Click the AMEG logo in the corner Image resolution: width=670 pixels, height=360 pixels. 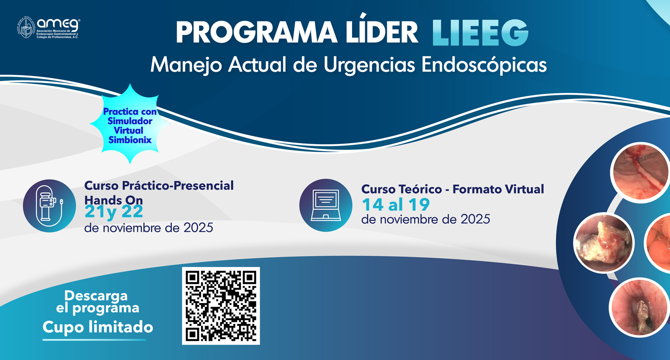(48, 28)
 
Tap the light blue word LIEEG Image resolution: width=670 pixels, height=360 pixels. (480, 33)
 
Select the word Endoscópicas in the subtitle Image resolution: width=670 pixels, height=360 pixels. (484, 65)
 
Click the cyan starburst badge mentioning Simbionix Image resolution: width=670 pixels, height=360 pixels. (130, 124)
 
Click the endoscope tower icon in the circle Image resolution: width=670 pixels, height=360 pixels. (49, 206)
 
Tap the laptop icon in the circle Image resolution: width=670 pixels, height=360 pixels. (326, 205)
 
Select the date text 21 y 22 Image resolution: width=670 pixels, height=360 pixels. (114, 212)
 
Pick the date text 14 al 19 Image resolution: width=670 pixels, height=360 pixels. (396, 205)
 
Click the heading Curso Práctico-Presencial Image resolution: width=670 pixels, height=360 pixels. (159, 185)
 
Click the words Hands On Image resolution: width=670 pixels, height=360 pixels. (113, 200)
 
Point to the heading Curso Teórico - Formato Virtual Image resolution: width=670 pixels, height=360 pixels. (453, 189)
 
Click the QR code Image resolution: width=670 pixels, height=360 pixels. (221, 306)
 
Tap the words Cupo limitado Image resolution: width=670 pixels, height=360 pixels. (98, 327)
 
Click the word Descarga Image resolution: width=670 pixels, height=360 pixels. (96, 296)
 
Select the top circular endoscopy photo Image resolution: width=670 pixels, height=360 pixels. (639, 172)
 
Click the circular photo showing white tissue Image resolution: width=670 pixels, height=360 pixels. (603, 243)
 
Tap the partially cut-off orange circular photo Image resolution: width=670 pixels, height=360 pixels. (660, 243)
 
